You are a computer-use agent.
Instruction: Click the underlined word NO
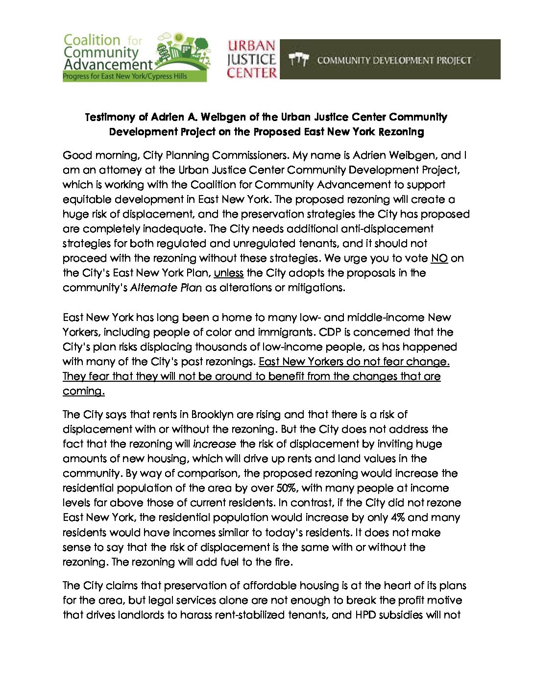point(439,258)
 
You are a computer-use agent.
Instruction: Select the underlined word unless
point(228,273)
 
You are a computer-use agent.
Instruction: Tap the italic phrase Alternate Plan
point(166,288)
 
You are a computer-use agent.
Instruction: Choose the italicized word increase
point(215,444)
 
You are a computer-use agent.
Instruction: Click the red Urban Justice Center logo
point(252,59)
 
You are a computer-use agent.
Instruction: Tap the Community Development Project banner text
point(394,60)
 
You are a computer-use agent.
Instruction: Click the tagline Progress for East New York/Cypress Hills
point(125,76)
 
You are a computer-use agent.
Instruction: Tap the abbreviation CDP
point(330,332)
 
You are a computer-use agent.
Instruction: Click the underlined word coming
point(83,391)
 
